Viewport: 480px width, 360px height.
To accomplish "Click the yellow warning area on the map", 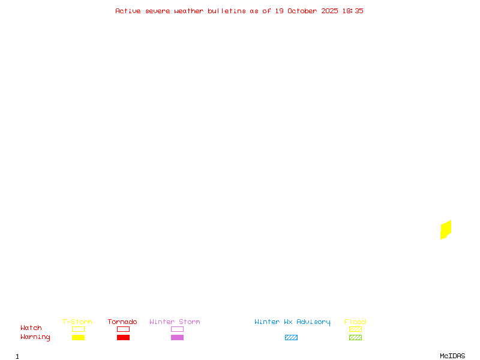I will [x=446, y=229].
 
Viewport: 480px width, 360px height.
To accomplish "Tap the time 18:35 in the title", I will [x=353, y=11].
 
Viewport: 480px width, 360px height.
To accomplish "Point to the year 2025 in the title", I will [x=330, y=11].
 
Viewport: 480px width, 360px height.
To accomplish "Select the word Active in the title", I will [x=128, y=11].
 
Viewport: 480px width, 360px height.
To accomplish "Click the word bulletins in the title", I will [x=227, y=11].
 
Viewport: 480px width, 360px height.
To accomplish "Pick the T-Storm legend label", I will [x=77, y=322].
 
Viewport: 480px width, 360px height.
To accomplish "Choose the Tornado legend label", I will [x=122, y=322].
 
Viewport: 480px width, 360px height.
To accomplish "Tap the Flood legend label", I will [x=355, y=322].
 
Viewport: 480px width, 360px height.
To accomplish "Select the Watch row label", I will [x=31, y=328].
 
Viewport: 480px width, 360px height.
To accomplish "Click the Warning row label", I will [x=35, y=337].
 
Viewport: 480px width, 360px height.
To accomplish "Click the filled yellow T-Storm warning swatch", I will [x=78, y=337].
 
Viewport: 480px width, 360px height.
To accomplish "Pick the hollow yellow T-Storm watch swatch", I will [x=78, y=329].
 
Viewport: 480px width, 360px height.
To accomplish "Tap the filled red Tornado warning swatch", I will [x=123, y=337].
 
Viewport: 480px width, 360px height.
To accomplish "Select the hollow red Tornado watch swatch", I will [x=123, y=329].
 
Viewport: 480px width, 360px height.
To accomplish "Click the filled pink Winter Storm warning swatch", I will [x=177, y=337].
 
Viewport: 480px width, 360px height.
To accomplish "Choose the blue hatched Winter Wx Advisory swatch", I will [x=291, y=337].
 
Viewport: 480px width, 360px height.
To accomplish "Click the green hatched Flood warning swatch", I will [x=355, y=337].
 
